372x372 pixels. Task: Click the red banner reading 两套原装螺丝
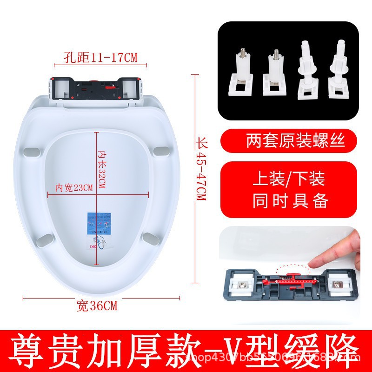click(290, 140)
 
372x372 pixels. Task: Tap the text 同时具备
click(290, 201)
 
